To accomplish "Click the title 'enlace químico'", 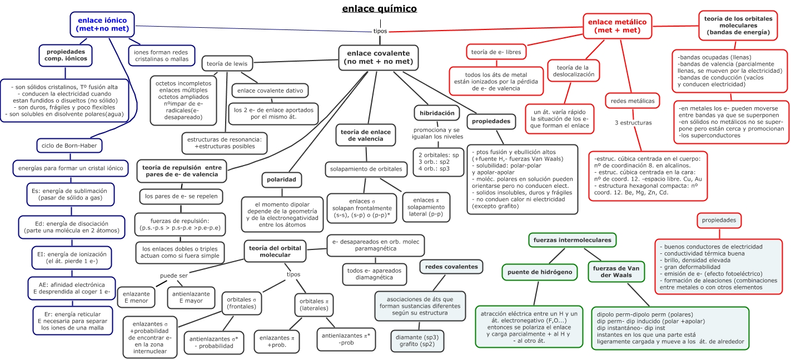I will coord(379,9).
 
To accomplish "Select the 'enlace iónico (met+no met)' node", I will coord(103,24).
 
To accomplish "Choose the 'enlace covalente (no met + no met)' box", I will coord(378,57).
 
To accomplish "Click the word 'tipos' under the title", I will coord(380,31).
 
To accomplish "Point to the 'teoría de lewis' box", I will coord(227,63).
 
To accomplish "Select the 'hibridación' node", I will coord(437,113).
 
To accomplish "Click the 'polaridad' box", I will coord(282,181).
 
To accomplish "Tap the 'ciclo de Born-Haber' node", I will coord(69,146).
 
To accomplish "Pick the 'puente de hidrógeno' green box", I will coord(539,272).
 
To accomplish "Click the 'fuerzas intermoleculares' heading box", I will coord(572,241).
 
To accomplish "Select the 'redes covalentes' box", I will coord(451,267).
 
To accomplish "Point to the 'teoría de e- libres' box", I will coord(496,52).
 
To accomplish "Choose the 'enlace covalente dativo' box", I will coord(270,91).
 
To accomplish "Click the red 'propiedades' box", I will coord(718,221).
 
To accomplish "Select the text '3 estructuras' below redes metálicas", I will coord(633,123).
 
